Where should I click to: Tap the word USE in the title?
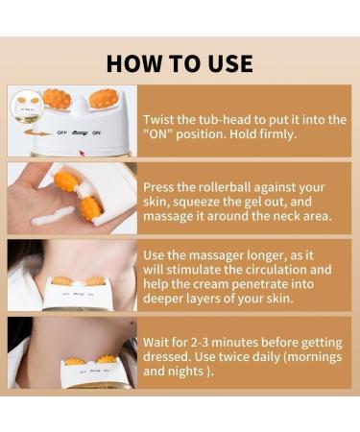click(230, 63)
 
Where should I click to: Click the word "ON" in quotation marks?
click(157, 134)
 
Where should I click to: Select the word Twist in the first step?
click(158, 120)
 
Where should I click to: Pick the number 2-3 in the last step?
click(200, 343)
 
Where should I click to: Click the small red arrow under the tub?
click(82, 153)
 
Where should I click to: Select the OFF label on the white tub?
click(61, 132)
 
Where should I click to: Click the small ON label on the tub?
click(96, 132)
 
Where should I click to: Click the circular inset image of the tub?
click(27, 107)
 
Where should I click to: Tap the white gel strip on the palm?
click(54, 216)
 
